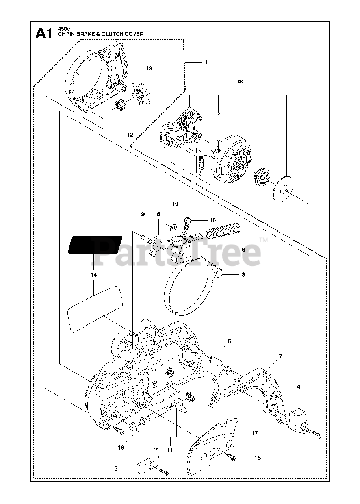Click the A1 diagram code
coord(44,33)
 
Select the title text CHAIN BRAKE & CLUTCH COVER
coord(101,34)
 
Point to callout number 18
coord(239,82)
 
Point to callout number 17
coord(255,433)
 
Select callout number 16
coord(121,447)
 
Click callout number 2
coord(116,468)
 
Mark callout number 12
coord(130,134)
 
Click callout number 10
coord(175,204)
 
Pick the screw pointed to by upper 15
coord(187,223)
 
